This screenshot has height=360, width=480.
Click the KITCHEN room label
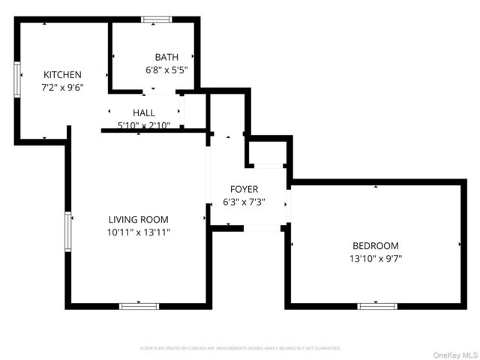[x=62, y=75]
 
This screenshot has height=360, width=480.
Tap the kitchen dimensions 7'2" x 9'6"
[x=62, y=87]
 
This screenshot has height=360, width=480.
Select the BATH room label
[x=166, y=58]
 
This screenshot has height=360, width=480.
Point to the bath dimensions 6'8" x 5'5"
[x=166, y=70]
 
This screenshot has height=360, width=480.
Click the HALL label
[x=143, y=112]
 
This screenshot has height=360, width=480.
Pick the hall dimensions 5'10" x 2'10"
[x=143, y=125]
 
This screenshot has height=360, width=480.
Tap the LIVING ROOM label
[x=138, y=220]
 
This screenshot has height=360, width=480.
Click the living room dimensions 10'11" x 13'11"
[x=138, y=232]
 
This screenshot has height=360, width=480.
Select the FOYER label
[x=244, y=190]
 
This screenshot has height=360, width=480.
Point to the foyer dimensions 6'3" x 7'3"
[x=244, y=202]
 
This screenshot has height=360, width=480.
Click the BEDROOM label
[x=376, y=246]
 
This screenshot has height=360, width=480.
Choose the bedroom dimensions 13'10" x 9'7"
[x=376, y=259]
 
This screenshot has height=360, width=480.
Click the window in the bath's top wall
[x=156, y=19]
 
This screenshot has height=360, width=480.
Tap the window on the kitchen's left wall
[x=17, y=79]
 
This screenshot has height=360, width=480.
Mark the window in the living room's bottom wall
[x=139, y=306]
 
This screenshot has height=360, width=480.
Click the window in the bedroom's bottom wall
[x=377, y=306]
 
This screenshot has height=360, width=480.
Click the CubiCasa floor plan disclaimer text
[x=240, y=349]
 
